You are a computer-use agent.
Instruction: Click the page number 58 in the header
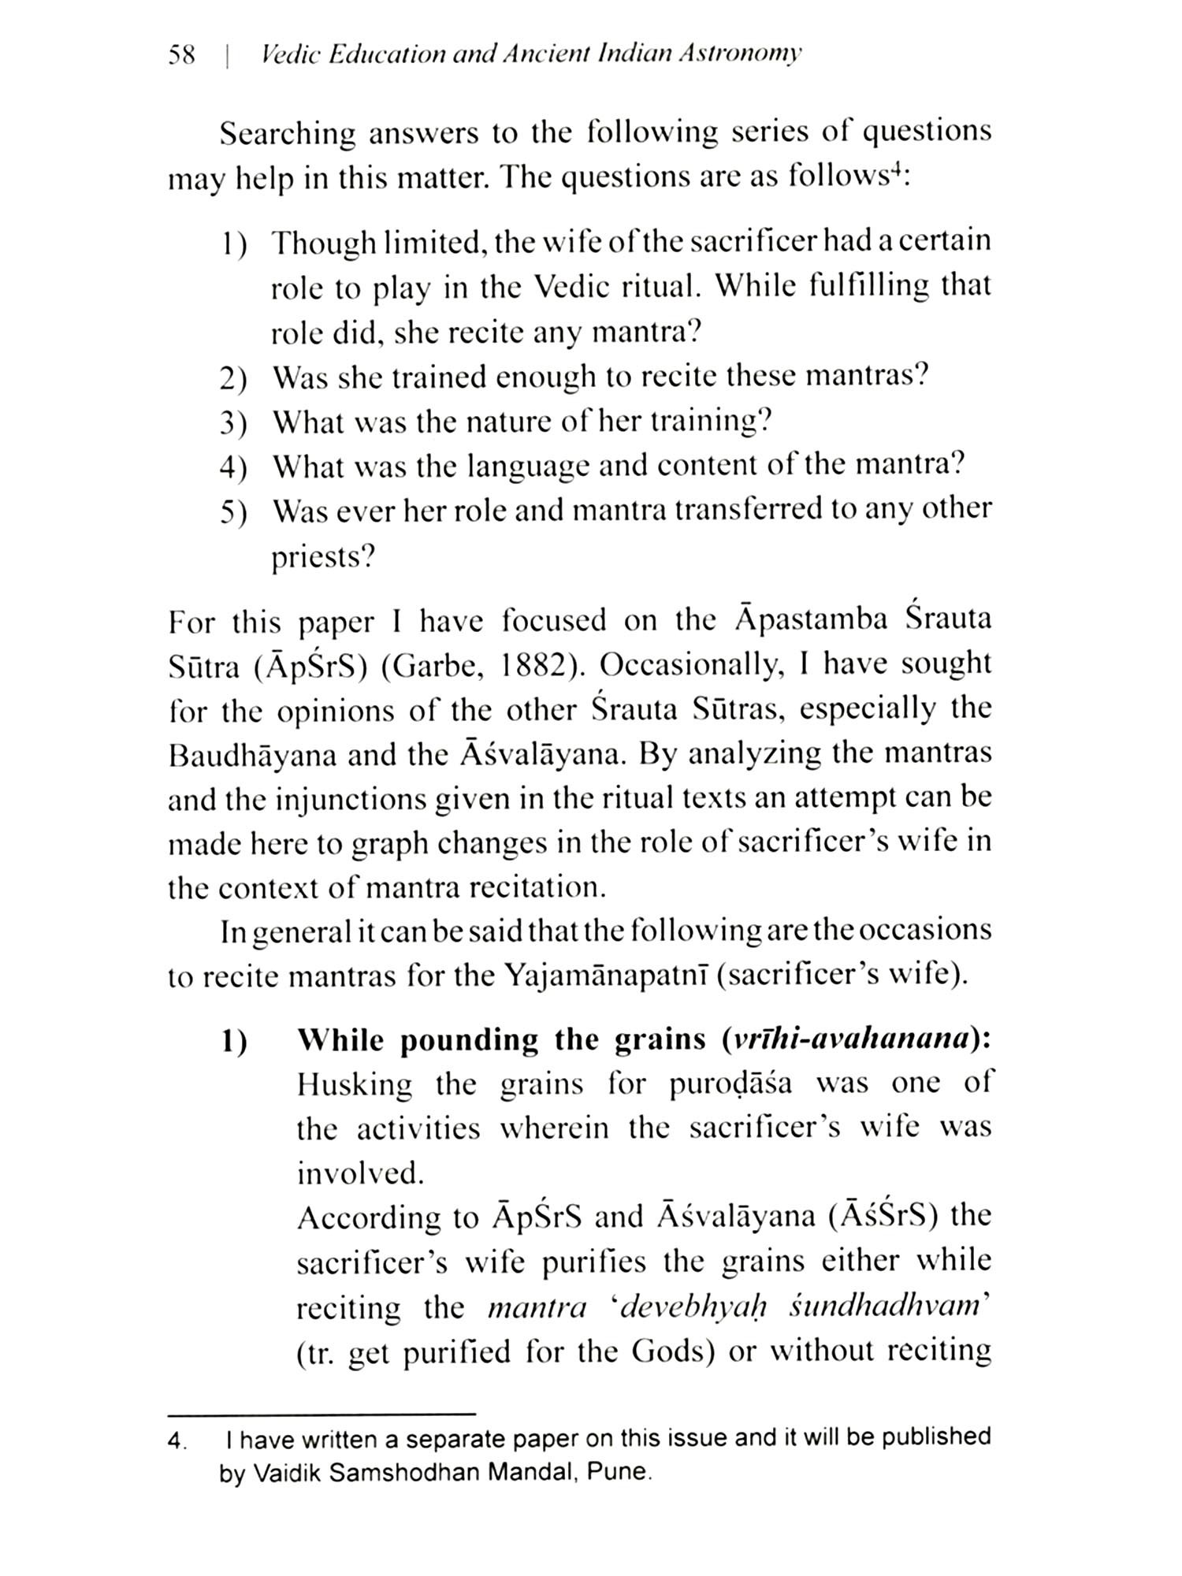coord(181,56)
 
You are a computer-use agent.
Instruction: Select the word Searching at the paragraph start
coord(287,134)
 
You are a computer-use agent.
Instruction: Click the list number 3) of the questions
coord(233,424)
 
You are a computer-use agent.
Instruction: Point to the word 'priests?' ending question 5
coord(323,558)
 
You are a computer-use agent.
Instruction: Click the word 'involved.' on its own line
coord(360,1174)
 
